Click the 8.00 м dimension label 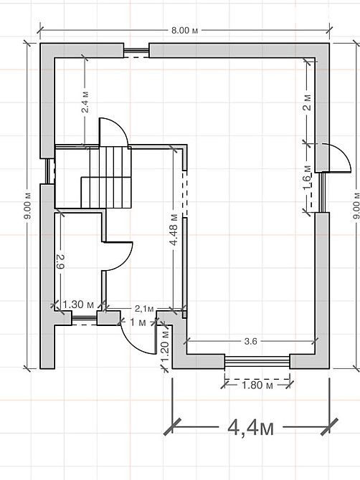point(184,31)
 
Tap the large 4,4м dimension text point(250,427)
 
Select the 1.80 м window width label point(257,385)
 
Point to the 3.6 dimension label point(250,341)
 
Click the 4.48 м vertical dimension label point(174,229)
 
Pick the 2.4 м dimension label point(85,102)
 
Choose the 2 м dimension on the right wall point(308,102)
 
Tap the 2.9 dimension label point(60,261)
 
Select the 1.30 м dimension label point(78,304)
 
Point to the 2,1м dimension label point(144,309)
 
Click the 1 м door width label point(138,322)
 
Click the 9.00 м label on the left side point(27,206)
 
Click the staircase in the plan point(106,178)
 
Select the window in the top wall point(136,51)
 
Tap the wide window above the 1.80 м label point(257,362)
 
